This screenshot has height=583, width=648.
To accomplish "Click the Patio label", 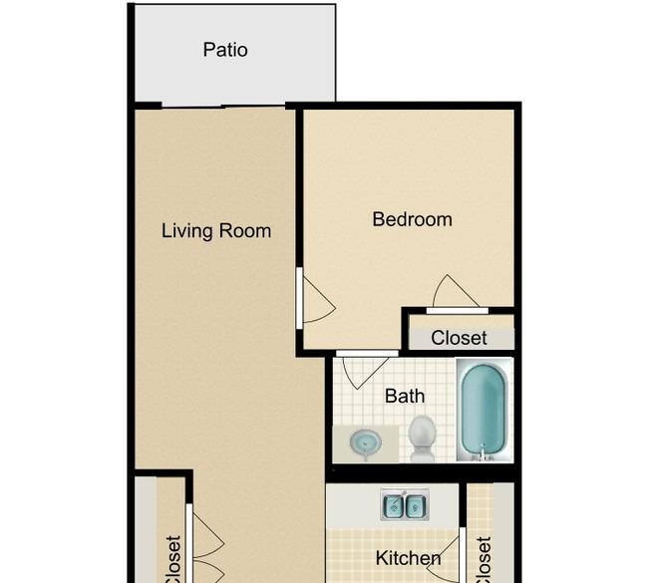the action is click(225, 50).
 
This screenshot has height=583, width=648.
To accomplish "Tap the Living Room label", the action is click(216, 230).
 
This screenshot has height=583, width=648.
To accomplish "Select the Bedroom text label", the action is click(412, 219).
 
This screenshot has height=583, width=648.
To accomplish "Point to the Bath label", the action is click(405, 396).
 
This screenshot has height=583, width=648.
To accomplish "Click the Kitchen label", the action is click(409, 558).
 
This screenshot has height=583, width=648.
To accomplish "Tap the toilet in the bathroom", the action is click(422, 438).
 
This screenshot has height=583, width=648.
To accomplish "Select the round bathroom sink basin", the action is click(365, 443).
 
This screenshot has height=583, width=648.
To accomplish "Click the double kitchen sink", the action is click(405, 504).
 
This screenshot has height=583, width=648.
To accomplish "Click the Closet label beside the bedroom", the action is click(459, 338).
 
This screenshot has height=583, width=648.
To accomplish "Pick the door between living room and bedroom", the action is click(316, 299).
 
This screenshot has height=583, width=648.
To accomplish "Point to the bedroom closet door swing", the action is click(456, 291).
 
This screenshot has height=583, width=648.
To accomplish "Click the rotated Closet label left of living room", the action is click(173, 559).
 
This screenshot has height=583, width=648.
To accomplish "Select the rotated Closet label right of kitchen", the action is click(484, 559).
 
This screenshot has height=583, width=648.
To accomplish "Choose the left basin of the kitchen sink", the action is click(393, 505).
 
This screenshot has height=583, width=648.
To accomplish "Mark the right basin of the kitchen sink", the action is click(416, 505).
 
